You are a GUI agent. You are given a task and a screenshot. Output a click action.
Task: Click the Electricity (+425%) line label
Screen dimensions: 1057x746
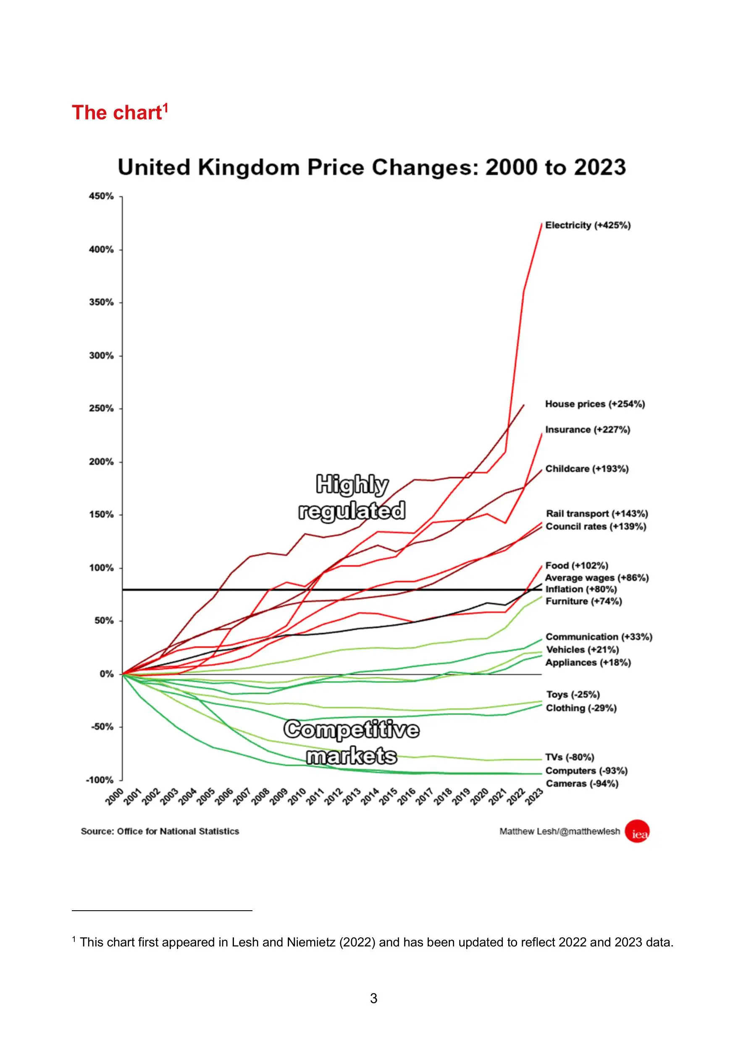click(x=587, y=225)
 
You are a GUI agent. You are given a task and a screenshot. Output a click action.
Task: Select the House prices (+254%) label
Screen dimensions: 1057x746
click(x=595, y=404)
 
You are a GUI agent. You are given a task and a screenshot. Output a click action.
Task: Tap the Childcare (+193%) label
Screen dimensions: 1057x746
click(x=586, y=469)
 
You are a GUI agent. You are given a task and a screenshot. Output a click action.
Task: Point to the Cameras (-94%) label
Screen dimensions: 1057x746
click(x=581, y=784)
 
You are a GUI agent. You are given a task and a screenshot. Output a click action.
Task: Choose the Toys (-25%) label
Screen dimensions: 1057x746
click(x=573, y=694)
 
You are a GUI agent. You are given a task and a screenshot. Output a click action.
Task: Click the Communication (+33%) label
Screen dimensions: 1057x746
click(x=599, y=637)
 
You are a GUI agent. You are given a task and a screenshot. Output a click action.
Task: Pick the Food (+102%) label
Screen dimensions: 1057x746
click(x=576, y=565)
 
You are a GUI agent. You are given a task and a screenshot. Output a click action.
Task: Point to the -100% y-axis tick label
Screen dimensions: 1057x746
click(x=100, y=780)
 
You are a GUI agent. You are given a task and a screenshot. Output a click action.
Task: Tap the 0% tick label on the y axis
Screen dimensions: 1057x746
click(x=106, y=674)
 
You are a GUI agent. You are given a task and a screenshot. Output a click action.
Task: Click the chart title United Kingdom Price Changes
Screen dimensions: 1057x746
click(x=372, y=167)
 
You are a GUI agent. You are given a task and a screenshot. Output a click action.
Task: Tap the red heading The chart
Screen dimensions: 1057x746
click(x=120, y=112)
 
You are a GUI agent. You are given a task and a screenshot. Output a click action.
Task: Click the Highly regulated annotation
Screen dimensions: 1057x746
click(x=352, y=498)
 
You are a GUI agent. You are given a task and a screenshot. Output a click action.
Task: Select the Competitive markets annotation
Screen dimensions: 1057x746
click(x=352, y=743)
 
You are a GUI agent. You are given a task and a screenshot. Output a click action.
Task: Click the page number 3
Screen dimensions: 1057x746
click(x=373, y=999)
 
